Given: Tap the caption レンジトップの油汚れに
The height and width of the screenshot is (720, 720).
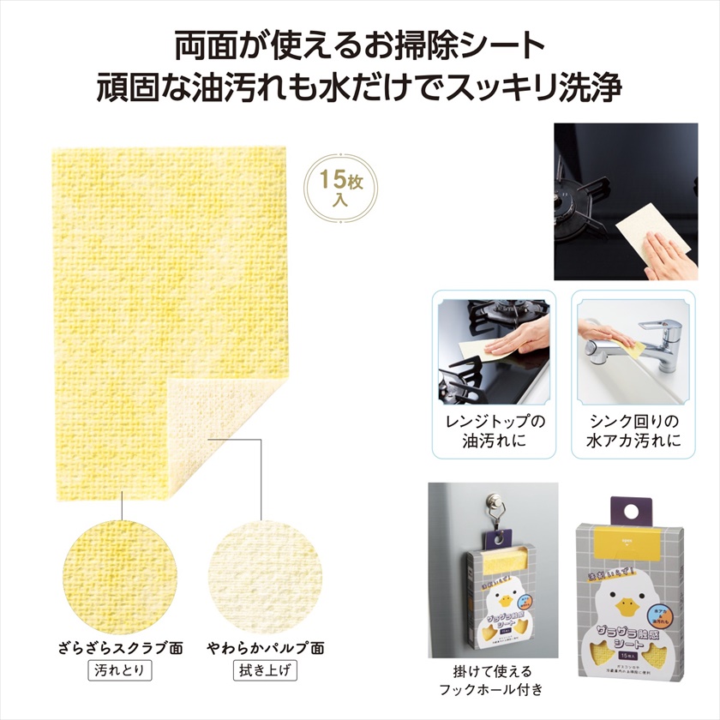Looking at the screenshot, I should click(495, 433).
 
